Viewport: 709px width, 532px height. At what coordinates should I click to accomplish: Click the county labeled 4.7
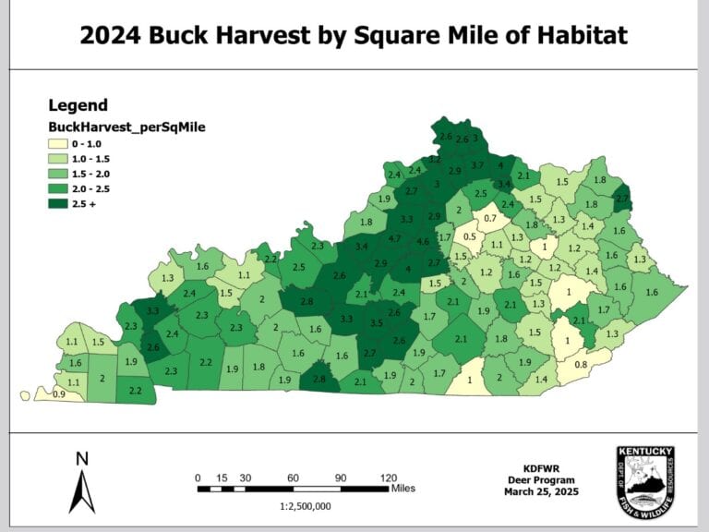point(395,239)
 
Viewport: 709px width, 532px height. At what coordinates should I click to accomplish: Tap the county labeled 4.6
point(423,242)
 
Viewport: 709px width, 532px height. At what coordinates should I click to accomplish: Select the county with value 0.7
point(490,218)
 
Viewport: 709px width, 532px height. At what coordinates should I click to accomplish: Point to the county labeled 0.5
point(470,236)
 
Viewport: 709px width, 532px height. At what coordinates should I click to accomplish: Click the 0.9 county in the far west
point(59,394)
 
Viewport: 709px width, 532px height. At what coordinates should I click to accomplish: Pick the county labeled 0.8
point(580,365)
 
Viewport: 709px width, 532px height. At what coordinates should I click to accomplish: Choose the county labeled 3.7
point(477,164)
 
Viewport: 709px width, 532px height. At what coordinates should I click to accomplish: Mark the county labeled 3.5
point(377,324)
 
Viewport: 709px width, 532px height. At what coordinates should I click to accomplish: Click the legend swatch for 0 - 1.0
point(59,144)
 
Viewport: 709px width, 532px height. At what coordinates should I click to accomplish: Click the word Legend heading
point(78,105)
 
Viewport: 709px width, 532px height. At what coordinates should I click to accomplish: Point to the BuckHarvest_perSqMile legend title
point(126,127)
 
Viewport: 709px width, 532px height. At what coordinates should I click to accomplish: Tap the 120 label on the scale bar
point(389,477)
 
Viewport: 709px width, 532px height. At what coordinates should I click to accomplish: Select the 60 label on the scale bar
point(293,477)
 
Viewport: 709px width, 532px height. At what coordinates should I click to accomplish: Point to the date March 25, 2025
point(541,492)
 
